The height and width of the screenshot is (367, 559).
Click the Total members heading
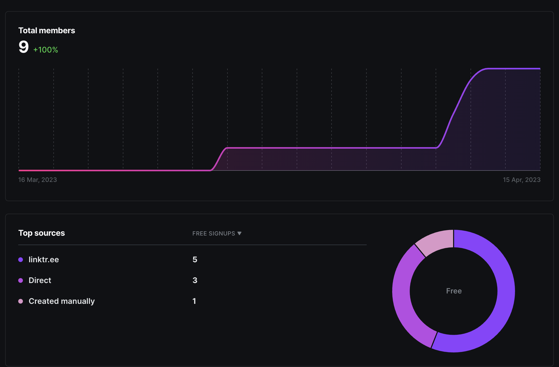click(x=47, y=30)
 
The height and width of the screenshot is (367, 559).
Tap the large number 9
click(x=23, y=47)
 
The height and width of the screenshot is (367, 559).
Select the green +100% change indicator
click(x=46, y=50)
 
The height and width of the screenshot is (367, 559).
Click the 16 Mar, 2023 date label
click(x=37, y=180)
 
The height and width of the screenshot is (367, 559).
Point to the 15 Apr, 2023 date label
click(x=522, y=180)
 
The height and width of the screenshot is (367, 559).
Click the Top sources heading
click(x=42, y=233)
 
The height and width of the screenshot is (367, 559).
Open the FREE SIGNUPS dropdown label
click(x=214, y=233)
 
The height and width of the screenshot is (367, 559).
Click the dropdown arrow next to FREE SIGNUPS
click(x=239, y=233)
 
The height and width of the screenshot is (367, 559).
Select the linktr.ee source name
click(x=44, y=259)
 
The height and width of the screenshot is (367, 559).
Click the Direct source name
click(x=40, y=280)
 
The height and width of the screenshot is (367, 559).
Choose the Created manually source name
click(x=62, y=301)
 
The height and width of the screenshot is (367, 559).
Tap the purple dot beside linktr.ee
click(x=21, y=259)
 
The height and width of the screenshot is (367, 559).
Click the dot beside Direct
click(x=21, y=280)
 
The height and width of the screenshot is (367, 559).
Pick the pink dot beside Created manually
click(x=21, y=301)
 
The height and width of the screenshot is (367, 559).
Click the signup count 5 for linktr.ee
click(x=195, y=259)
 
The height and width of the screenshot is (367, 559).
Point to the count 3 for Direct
click(x=195, y=280)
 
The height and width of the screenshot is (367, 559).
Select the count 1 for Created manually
click(x=194, y=301)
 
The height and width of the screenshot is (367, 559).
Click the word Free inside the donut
click(x=454, y=291)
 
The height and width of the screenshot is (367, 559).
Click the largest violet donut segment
click(x=506, y=291)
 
